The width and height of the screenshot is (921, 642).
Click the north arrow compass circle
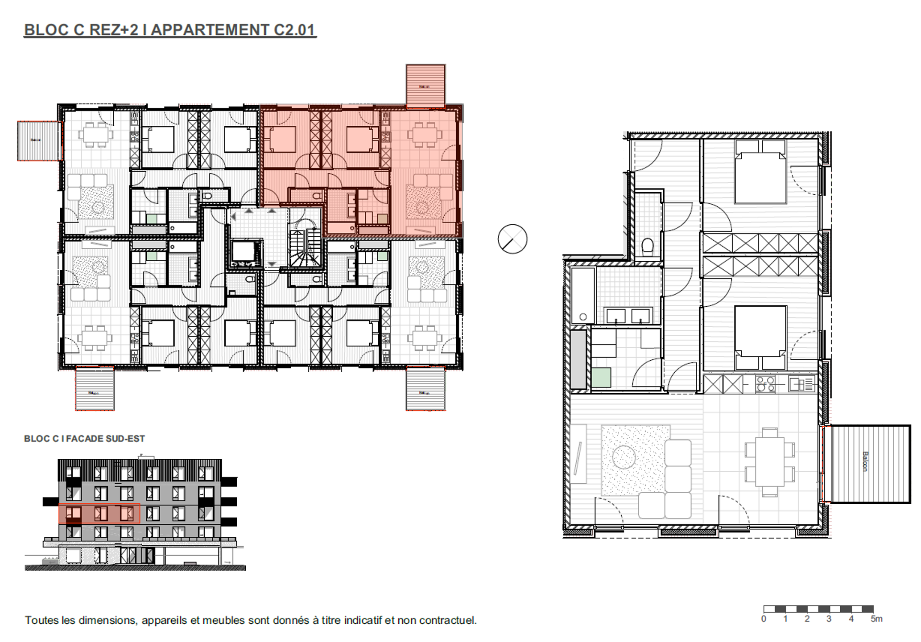[512, 239]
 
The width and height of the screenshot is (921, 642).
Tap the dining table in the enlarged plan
[769, 462]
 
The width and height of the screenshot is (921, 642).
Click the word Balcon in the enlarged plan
[865, 462]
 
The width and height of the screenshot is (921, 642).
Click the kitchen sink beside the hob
[801, 384]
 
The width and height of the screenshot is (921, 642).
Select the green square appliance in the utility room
[601, 377]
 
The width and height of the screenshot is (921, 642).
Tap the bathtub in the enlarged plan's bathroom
[583, 295]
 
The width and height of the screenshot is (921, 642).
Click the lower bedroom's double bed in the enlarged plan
[760, 337]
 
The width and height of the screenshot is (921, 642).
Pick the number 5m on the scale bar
[876, 619]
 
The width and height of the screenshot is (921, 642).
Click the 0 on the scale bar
[764, 619]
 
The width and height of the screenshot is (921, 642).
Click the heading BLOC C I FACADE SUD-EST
[84, 439]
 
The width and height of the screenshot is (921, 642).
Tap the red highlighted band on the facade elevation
[99, 513]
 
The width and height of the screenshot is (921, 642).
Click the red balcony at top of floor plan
[425, 86]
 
